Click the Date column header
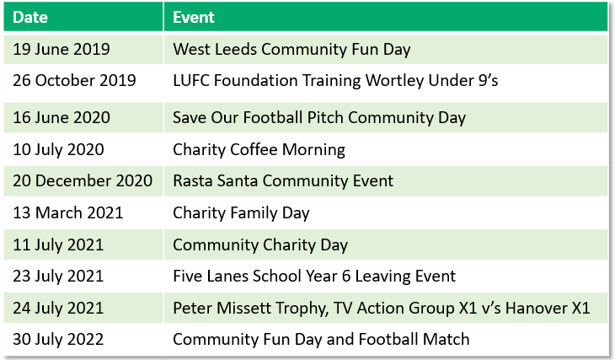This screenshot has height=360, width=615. pyautogui.click(x=30, y=17)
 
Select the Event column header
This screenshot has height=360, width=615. pyautogui.click(x=194, y=17)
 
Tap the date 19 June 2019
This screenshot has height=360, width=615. pyautogui.click(x=61, y=49)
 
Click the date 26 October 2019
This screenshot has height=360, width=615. pyautogui.click(x=74, y=80)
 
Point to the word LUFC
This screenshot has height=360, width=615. pyautogui.click(x=191, y=80)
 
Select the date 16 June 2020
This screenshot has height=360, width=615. pyautogui.click(x=61, y=118)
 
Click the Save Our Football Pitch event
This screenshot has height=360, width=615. pyautogui.click(x=319, y=118)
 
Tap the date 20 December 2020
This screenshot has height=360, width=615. pyautogui.click(x=83, y=181)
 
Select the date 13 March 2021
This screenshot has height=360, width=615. pyautogui.click(x=68, y=212)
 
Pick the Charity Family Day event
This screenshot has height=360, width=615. pyautogui.click(x=241, y=213)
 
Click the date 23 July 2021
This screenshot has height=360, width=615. pyautogui.click(x=58, y=276)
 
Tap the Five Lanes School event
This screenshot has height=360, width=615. pyautogui.click(x=314, y=277)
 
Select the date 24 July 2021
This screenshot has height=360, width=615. pyautogui.click(x=58, y=309)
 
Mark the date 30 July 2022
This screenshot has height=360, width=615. pyautogui.click(x=58, y=340)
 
